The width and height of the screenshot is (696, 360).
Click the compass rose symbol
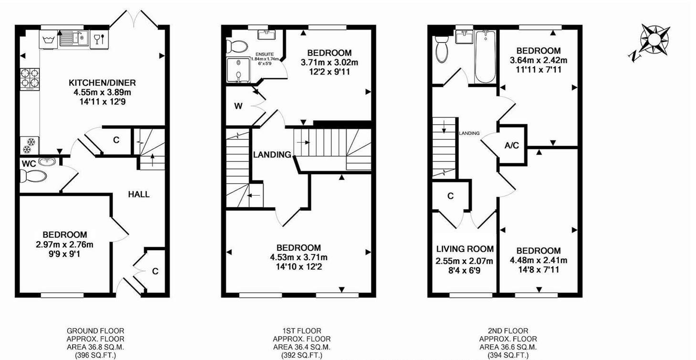pos(653,39)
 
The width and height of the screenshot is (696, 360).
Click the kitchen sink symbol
pos(74,38)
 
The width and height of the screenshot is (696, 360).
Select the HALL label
pos(138,194)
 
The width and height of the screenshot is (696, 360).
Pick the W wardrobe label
pos(238,106)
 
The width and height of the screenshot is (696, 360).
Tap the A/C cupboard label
pos(512,146)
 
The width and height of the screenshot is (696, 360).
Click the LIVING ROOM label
pos(465,249)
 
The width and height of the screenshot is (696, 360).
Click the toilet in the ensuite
pos(237,46)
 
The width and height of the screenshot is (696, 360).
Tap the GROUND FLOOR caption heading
pos(89,330)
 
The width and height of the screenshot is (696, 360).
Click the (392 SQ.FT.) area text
pos(300,355)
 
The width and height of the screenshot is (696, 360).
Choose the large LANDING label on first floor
pos(272,155)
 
